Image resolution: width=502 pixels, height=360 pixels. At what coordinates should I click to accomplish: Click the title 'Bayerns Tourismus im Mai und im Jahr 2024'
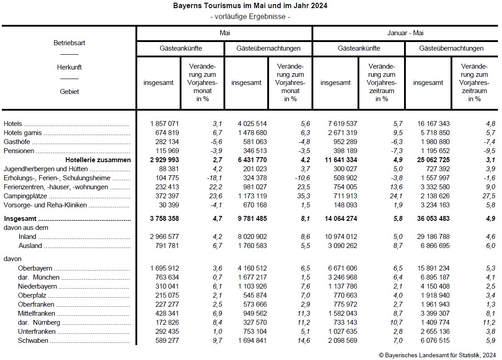pyautogui.click(x=250, y=6)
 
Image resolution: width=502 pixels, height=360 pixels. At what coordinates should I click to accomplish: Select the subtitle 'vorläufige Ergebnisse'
pyautogui.click(x=250, y=17)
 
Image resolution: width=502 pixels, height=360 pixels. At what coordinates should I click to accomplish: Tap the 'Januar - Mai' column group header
pyautogui.click(x=405, y=33)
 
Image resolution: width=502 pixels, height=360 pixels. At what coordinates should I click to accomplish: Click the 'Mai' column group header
pyautogui.click(x=224, y=33)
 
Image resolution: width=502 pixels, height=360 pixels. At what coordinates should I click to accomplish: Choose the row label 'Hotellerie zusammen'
pyautogui.click(x=98, y=160)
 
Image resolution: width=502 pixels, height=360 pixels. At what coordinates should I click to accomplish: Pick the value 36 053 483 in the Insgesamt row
pyautogui.click(x=431, y=219)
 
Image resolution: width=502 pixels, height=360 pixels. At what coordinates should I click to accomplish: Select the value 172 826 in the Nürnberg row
pyautogui.click(x=164, y=323)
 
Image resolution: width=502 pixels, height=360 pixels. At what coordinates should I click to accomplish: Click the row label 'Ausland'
pyautogui.click(x=30, y=246)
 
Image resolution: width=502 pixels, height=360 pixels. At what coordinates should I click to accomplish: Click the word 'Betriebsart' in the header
pyautogui.click(x=69, y=43)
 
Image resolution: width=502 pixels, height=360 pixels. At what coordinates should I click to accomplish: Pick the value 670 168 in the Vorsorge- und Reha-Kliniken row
pyautogui.click(x=252, y=205)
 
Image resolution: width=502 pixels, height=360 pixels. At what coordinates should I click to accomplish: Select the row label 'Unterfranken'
pyautogui.click(x=37, y=332)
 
